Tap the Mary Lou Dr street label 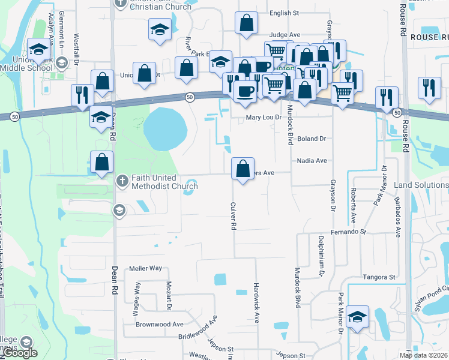coord(264,118)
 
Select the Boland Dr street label coord(311,139)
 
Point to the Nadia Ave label coord(312,161)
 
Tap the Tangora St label coord(379,277)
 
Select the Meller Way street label coord(146,269)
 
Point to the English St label coord(284,13)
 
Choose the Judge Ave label coord(285,35)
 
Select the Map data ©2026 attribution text coord(424,355)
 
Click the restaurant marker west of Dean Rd coord(82,94)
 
